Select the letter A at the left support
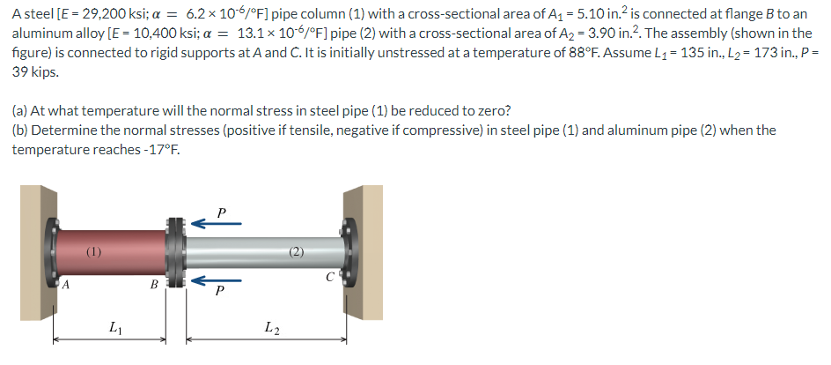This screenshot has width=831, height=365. pos(65,285)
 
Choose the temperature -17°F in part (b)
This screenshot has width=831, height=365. pos(156,149)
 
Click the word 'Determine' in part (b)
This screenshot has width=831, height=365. pos(67,130)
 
